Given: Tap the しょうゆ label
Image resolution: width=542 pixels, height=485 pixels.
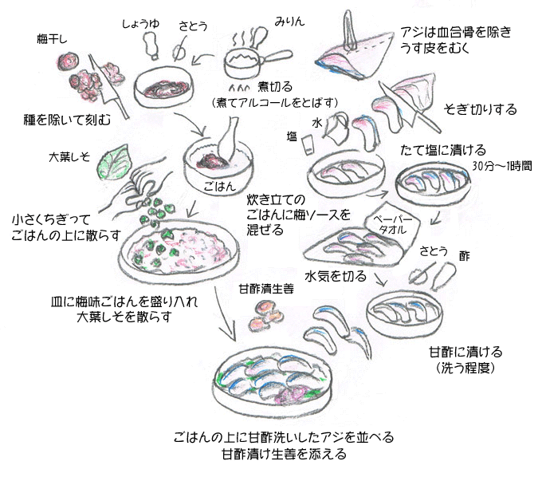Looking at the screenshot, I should click(140, 25).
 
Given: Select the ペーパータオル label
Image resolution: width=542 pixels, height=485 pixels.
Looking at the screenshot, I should click(390, 223).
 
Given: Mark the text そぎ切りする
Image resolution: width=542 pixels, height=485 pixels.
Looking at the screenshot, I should click(481, 109).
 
